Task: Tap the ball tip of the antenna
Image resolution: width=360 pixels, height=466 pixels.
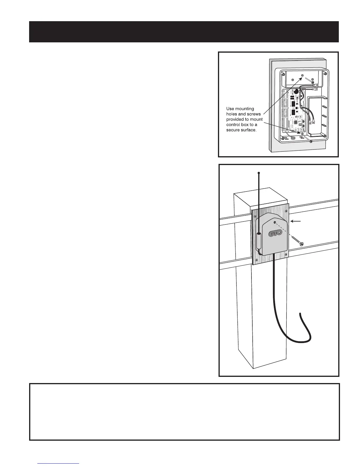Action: coord(259,173)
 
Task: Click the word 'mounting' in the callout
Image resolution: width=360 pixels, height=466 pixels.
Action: coord(245,109)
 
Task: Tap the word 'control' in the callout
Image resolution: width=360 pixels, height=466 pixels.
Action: coord(234,125)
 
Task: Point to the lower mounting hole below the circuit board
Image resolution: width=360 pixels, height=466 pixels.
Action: coord(302,134)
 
